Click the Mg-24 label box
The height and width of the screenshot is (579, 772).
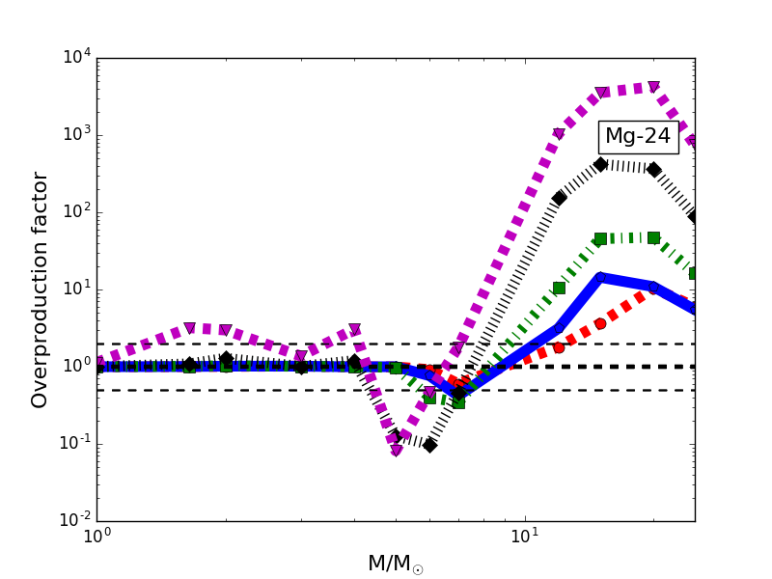[637, 136]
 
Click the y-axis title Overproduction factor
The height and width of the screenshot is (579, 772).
[41, 289]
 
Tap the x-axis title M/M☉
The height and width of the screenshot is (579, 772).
[396, 564]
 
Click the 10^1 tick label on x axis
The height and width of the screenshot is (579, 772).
[525, 537]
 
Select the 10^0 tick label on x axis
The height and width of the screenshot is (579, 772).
[96, 537]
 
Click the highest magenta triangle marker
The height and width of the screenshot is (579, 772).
[653, 87]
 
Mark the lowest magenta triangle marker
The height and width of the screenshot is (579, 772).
[397, 451]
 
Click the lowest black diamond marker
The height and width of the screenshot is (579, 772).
[429, 445]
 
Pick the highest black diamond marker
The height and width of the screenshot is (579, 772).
[600, 164]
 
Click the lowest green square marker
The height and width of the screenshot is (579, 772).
[458, 402]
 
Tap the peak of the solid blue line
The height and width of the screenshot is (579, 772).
[600, 278]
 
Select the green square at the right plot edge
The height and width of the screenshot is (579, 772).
[694, 273]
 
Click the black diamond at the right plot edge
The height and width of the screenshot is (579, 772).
[694, 216]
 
